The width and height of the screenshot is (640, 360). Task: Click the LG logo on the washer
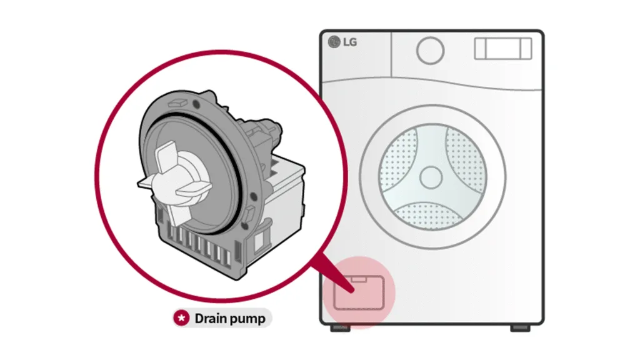coord(342,42)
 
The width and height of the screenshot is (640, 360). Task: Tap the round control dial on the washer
coord(430,49)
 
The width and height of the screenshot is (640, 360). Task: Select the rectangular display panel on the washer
coord(502,49)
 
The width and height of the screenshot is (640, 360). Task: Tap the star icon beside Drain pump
coord(182,319)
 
